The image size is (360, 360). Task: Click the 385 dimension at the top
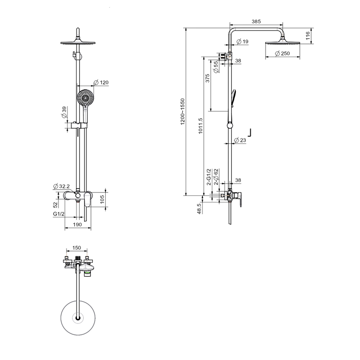(x=256, y=21)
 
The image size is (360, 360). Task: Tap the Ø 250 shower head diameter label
(x=283, y=54)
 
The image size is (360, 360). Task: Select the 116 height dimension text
(x=308, y=36)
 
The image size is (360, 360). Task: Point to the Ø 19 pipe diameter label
(x=242, y=41)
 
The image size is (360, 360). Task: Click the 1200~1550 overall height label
(x=183, y=112)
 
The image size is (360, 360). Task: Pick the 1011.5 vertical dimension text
(x=200, y=126)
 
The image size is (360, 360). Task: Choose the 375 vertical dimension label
(x=207, y=78)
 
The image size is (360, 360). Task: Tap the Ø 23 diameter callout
(x=240, y=140)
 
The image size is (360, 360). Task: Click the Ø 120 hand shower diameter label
(x=101, y=82)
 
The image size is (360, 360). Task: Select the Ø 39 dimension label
(x=64, y=112)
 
